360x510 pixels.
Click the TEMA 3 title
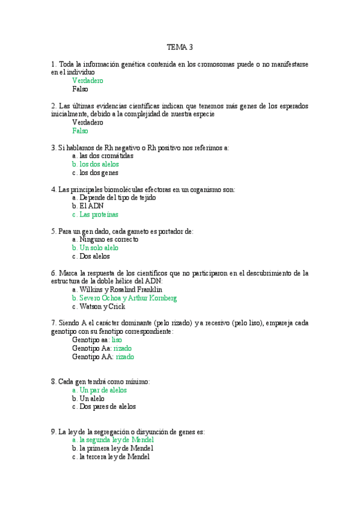coord(180,47)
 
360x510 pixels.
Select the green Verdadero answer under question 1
coord(88,80)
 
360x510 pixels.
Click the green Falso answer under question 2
coord(80,131)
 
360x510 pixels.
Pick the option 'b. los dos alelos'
coord(95,164)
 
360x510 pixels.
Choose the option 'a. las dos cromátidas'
coord(102,156)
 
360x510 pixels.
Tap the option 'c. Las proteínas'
coord(95,214)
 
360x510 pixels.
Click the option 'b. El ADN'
coord(88,206)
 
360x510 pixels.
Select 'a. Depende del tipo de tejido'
coord(114,197)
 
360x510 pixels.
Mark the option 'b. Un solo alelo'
coord(95,248)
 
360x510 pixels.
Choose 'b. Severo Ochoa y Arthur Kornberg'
coord(124,298)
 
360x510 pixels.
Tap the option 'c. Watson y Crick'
coord(99,306)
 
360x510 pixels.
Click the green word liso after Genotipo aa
coord(117,340)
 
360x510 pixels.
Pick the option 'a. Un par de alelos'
coord(99,390)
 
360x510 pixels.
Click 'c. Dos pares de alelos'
coord(103,407)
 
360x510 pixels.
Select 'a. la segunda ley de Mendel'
coord(113,440)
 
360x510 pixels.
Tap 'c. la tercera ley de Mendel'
coord(112,456)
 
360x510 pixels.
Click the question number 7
coord(53,323)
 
